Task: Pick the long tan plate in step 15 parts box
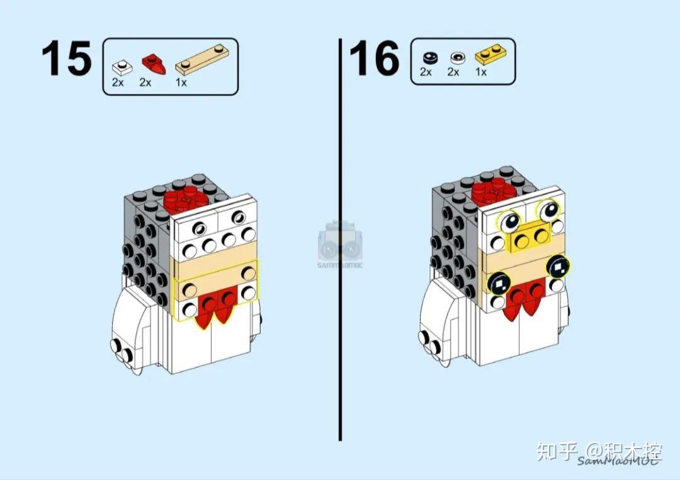[202, 61]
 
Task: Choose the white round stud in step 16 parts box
[455, 57]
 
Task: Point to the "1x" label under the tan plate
[181, 82]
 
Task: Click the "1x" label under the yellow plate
[481, 72]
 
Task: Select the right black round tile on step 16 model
[558, 267]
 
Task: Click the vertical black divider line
[340, 239]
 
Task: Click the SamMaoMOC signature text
[617, 461]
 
